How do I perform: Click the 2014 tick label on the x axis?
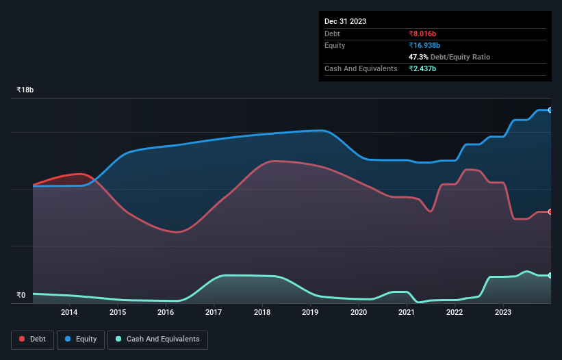(69, 313)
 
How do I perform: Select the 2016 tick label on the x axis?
(166, 313)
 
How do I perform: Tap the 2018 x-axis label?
(262, 313)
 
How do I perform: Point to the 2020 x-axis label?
(359, 313)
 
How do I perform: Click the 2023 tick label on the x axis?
(503, 313)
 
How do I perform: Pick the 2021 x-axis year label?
(407, 313)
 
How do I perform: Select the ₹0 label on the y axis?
(21, 296)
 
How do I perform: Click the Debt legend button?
(32, 339)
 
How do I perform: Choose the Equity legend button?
(81, 339)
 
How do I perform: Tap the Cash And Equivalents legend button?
(157, 339)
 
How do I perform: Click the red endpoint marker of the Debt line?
(550, 211)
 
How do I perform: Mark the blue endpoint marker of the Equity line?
(550, 110)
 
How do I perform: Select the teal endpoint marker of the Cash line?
(550, 275)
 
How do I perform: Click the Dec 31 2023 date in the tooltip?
(345, 21)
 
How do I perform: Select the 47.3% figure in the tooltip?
(420, 57)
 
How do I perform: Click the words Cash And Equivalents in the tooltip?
(361, 68)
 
